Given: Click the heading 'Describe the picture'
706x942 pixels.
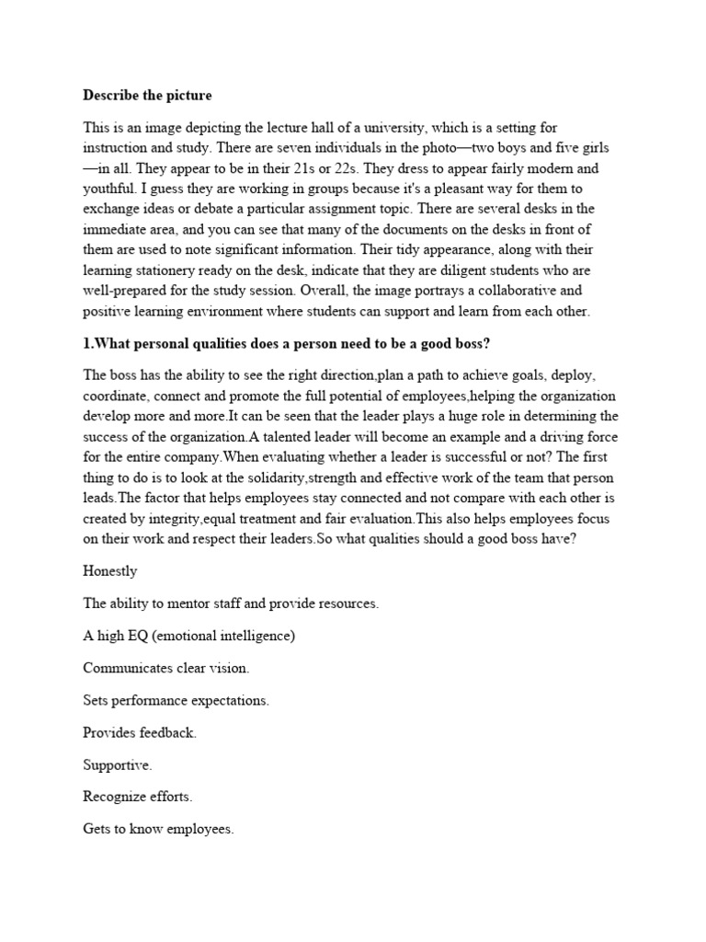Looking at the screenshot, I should [x=147, y=95].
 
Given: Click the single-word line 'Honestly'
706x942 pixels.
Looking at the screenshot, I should [x=109, y=571].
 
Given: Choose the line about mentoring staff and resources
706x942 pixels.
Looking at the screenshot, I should [x=231, y=603].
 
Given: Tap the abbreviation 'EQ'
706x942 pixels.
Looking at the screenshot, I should [x=143, y=636].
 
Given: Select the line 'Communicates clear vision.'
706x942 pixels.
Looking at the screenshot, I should [x=165, y=668].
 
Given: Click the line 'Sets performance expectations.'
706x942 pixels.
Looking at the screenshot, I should [x=176, y=700].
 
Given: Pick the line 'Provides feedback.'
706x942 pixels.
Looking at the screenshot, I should [x=140, y=732].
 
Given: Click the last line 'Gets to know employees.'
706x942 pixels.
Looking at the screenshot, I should [x=158, y=829].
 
